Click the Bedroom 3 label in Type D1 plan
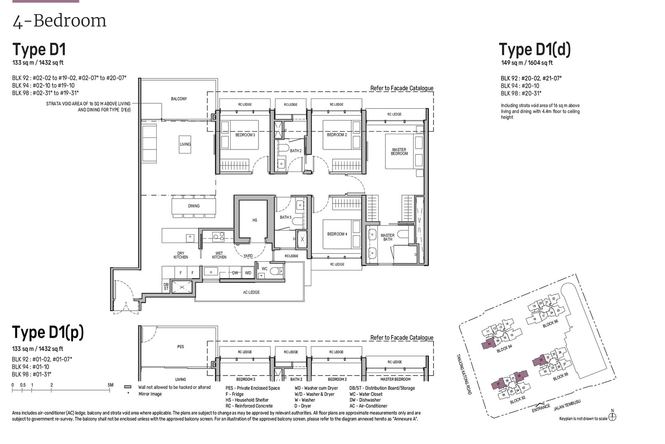pyautogui.click(x=245, y=135)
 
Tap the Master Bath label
pyautogui.click(x=387, y=237)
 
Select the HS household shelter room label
pyautogui.click(x=255, y=220)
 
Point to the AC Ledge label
pyautogui.click(x=251, y=292)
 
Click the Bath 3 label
pyautogui.click(x=285, y=217)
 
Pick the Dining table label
pyautogui.click(x=194, y=206)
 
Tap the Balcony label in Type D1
pyautogui.click(x=179, y=99)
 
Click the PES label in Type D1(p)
pyautogui.click(x=180, y=346)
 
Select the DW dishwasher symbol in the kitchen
pyautogui.click(x=235, y=273)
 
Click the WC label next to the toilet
pyautogui.click(x=264, y=269)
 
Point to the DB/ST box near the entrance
pyautogui.click(x=166, y=286)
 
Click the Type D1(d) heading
pyautogui.click(x=534, y=49)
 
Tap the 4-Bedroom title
pyautogui.click(x=59, y=21)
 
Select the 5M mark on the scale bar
pyautogui.click(x=110, y=385)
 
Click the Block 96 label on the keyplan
pyautogui.click(x=550, y=324)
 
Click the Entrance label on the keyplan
pyautogui.click(x=541, y=407)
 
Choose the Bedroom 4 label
pyautogui.click(x=337, y=234)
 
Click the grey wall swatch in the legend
pyautogui.click(x=128, y=387)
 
